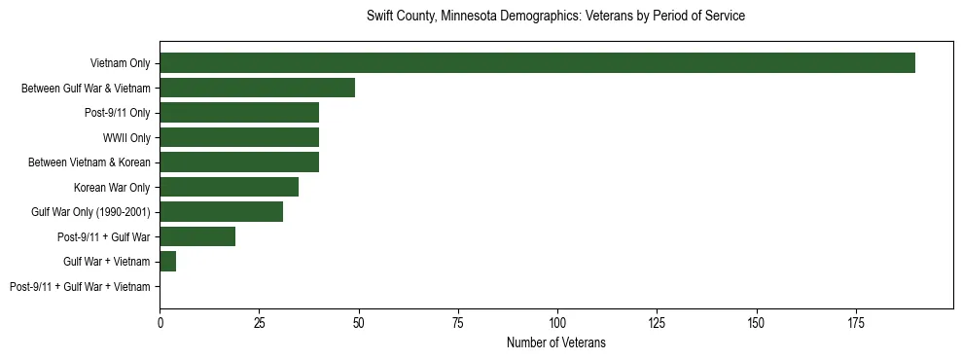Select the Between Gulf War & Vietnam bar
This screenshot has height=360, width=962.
coord(257,89)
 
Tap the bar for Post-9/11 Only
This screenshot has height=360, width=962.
coord(239,113)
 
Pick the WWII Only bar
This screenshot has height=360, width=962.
coord(239,137)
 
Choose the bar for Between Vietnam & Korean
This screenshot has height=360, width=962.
coord(239,162)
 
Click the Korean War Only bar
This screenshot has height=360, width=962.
coord(229,187)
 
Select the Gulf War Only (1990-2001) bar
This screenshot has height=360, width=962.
coord(221,212)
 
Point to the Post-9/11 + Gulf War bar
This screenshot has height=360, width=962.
coord(197,236)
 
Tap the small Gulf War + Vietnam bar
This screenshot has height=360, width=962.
coord(167,262)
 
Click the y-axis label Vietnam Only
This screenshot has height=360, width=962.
coord(120,63)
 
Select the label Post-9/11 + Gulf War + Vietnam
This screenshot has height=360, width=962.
coord(80,287)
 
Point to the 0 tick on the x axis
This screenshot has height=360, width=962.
coord(160,322)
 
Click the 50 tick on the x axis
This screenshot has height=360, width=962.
coord(359,322)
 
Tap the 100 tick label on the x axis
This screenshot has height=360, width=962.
coord(557,322)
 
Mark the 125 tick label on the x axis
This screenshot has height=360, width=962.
coord(657,322)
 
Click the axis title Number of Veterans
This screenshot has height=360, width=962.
coord(555,342)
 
